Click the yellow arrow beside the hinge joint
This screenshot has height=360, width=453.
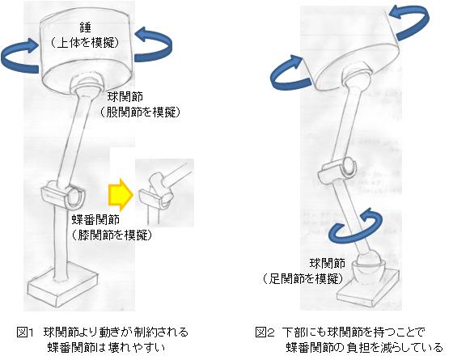(x=121, y=194)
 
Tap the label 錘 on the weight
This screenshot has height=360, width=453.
(x=85, y=28)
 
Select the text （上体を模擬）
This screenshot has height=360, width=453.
(x=85, y=44)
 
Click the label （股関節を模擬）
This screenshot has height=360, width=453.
(x=140, y=112)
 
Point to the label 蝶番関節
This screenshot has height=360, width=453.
(x=95, y=220)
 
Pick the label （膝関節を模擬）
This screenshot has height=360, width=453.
(x=112, y=235)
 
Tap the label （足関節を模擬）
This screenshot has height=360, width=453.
(x=303, y=279)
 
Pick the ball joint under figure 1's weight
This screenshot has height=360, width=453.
(x=87, y=84)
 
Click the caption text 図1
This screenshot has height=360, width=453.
(x=25, y=332)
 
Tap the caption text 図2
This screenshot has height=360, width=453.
(x=265, y=332)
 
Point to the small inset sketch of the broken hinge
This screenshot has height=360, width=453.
(x=165, y=193)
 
